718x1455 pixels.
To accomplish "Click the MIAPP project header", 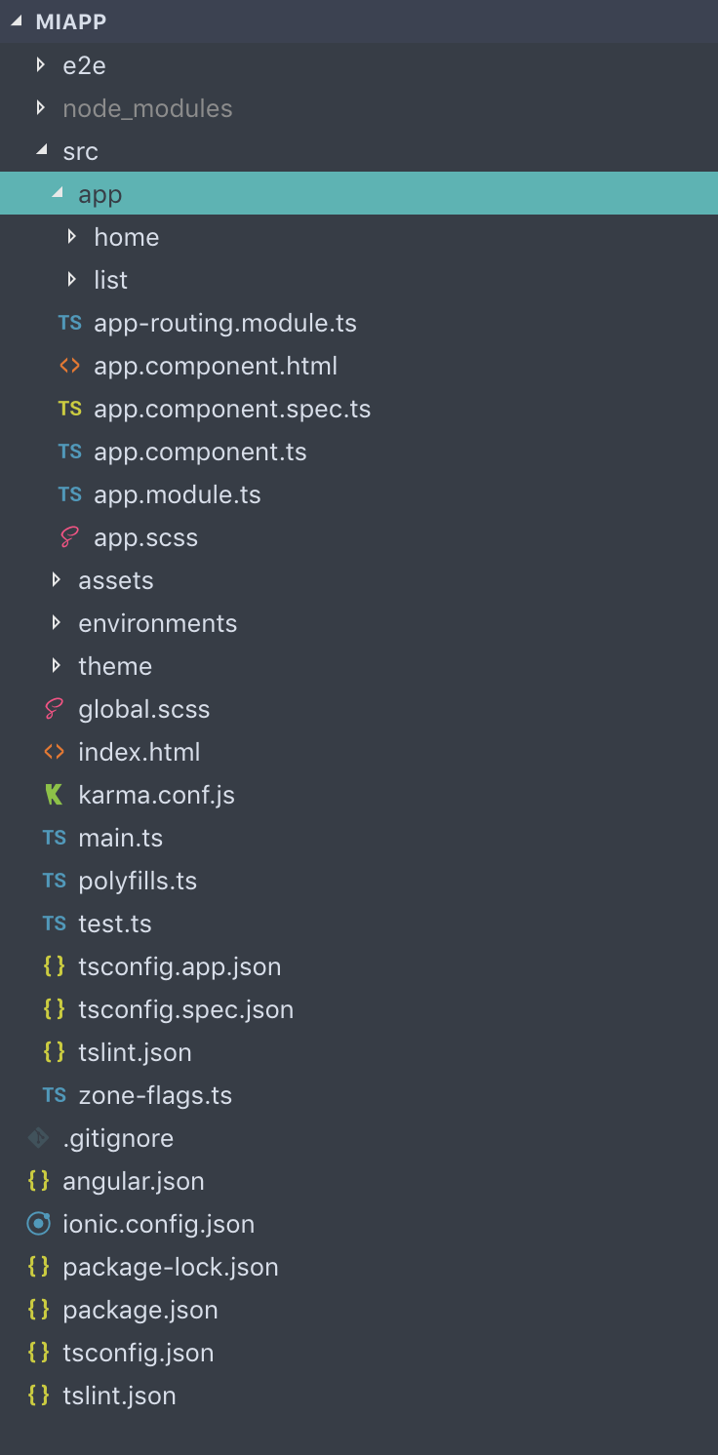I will (x=70, y=21).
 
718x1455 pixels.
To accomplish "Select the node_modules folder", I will (x=147, y=108).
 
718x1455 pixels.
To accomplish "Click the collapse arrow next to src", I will (x=40, y=151).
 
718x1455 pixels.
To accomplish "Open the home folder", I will (x=126, y=237).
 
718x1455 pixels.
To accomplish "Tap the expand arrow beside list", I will (x=71, y=280).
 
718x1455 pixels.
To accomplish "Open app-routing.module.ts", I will (x=224, y=323).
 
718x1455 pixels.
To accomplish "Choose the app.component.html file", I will (x=215, y=366).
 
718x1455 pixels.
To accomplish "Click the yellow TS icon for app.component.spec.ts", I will (x=69, y=409).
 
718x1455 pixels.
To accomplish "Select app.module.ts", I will (x=177, y=494).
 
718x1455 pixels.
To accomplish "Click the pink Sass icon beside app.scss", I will (x=69, y=537).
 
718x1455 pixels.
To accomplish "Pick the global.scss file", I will (x=143, y=709).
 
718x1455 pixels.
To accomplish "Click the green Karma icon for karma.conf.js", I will (x=55, y=795).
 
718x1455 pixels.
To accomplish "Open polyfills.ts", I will (x=138, y=881).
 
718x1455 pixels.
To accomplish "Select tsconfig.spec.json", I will (x=185, y=1009).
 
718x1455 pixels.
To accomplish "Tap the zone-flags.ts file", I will (x=155, y=1095).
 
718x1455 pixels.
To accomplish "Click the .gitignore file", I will (x=117, y=1138).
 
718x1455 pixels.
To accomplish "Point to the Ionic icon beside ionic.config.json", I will (x=38, y=1224).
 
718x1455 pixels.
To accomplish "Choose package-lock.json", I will (x=170, y=1267).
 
